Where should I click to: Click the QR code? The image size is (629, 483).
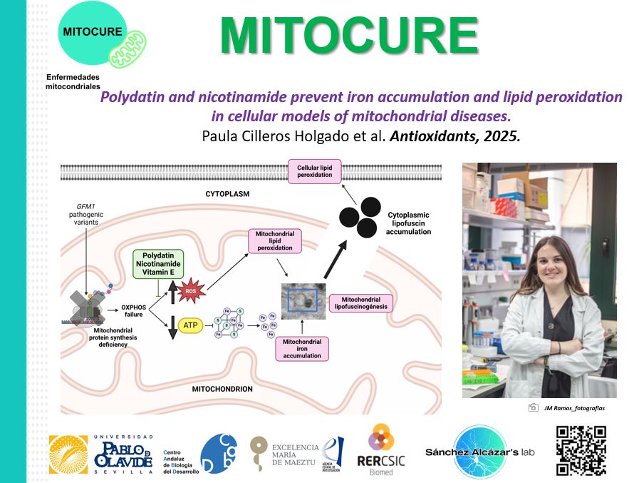[x=581, y=451]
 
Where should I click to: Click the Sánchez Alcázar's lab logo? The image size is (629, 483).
[x=479, y=451]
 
